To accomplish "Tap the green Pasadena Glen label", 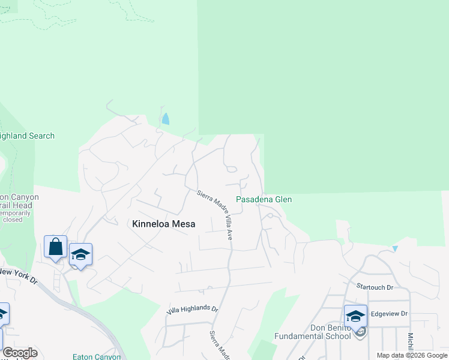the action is (264, 199).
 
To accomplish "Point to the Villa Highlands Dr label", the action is (192, 308).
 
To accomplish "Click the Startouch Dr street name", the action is (374, 287).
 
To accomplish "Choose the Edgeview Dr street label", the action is (389, 314).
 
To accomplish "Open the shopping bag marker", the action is (55, 247).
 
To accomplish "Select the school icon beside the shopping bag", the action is (80, 254).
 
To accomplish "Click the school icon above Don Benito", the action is (355, 316).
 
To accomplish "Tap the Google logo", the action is (20, 353).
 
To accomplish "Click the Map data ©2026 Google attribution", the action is (412, 355).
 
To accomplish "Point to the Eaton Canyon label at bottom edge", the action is (97, 356).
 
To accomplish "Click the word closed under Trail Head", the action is (13, 220).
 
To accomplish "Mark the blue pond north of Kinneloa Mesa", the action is (165, 119).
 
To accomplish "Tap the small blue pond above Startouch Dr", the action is (394, 248).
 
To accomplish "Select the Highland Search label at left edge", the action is (27, 136).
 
